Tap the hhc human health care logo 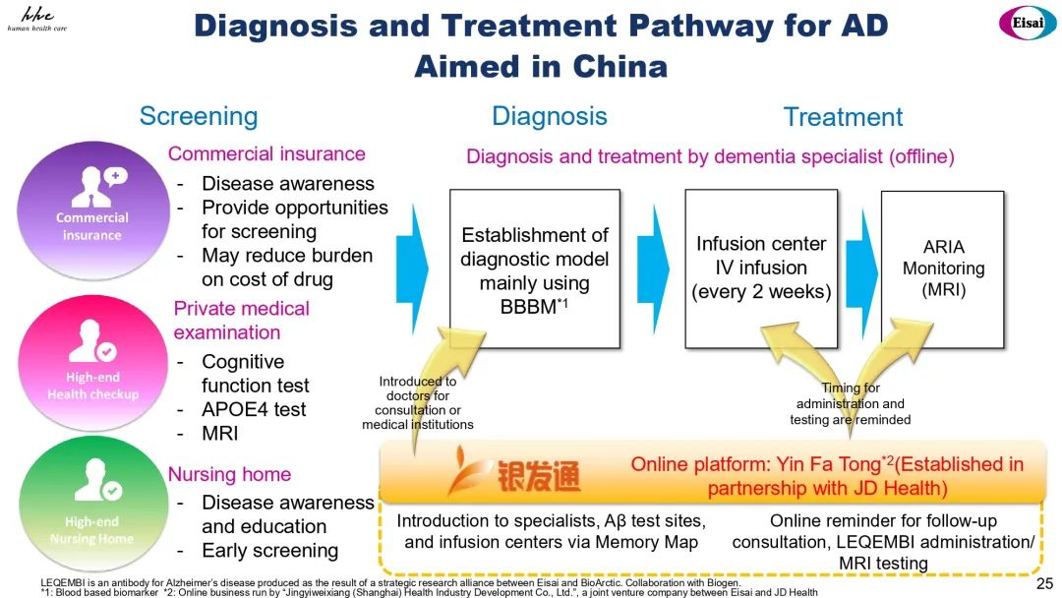[36, 19]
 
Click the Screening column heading [199, 116]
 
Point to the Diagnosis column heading [550, 116]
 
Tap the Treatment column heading [843, 117]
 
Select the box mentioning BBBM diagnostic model [535, 269]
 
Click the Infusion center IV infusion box [760, 268]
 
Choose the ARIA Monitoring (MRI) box [943, 269]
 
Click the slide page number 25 [1044, 584]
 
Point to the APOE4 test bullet [254, 409]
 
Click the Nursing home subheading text [229, 474]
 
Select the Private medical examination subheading [241, 321]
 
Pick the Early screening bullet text [269, 551]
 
